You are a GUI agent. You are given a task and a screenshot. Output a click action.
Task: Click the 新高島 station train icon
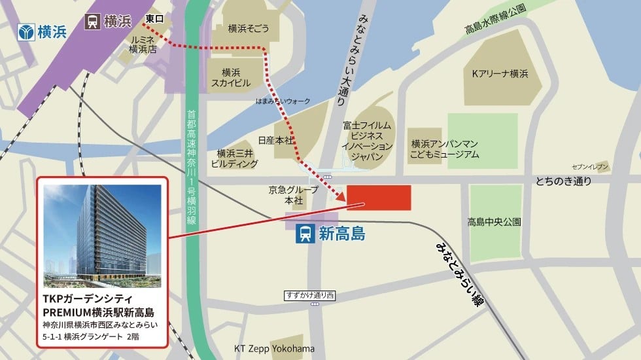click(x=305, y=233)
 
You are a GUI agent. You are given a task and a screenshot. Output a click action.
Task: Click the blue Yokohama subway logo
click(x=26, y=31)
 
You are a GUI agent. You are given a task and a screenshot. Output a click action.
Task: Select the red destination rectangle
click(x=378, y=198)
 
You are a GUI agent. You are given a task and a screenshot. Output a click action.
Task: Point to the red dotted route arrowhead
click(x=340, y=198)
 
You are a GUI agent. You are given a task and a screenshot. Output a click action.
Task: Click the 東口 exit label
click(x=155, y=18)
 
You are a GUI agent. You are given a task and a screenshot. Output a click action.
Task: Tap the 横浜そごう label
click(x=249, y=29)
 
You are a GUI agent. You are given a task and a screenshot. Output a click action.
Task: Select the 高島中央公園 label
click(x=494, y=222)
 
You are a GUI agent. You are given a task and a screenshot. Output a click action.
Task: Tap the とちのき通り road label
click(x=563, y=181)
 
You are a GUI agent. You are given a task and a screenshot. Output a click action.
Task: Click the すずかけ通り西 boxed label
click(x=309, y=296)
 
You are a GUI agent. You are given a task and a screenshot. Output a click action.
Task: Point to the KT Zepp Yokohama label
click(x=274, y=348)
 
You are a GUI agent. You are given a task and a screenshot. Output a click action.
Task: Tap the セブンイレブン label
click(x=591, y=167)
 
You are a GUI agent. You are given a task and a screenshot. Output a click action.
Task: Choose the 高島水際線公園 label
click(x=496, y=29)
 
